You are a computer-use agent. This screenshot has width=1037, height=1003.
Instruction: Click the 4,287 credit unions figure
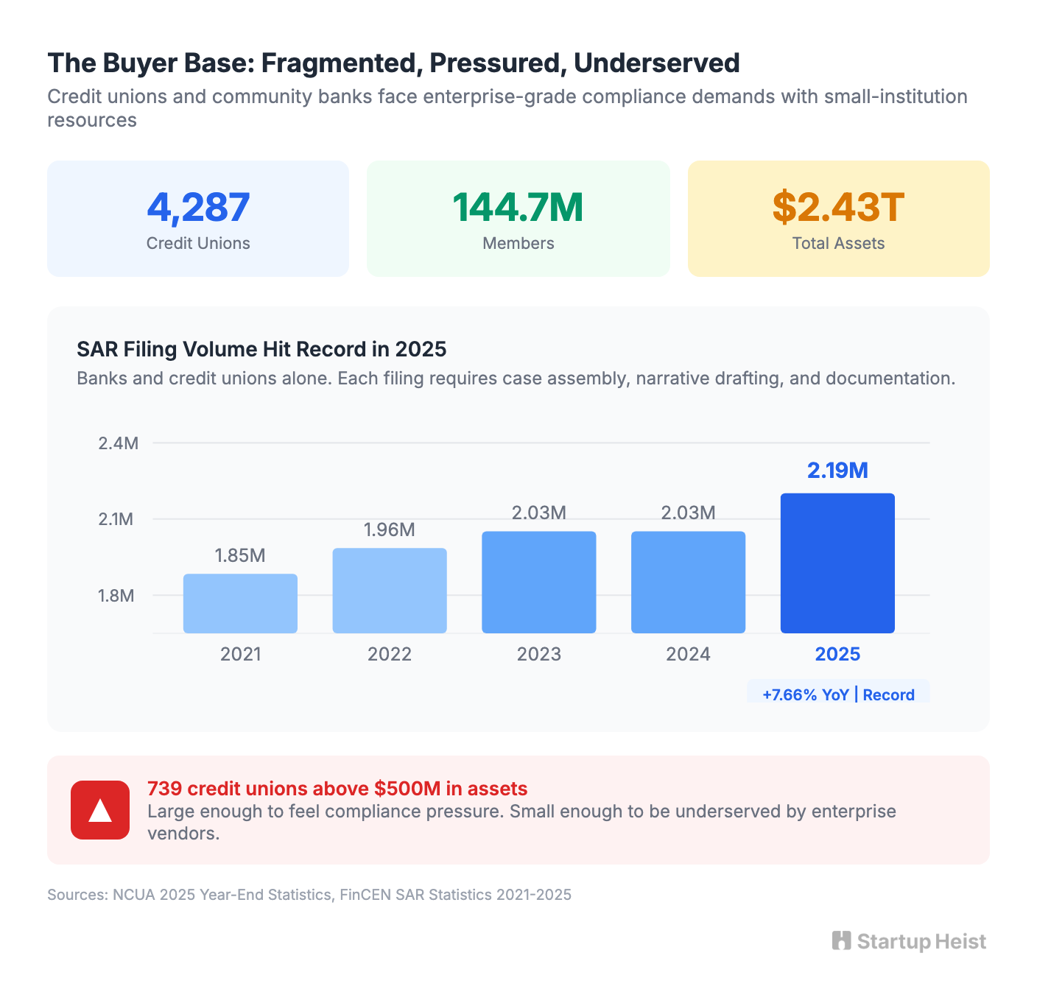point(198,208)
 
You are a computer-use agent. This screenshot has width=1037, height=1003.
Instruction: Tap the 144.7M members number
point(518,208)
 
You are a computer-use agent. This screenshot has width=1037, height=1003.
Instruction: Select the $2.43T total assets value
point(838,208)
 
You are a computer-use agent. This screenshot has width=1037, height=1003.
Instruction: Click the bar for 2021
point(240,603)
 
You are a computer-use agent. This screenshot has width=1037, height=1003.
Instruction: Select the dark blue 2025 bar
point(837,563)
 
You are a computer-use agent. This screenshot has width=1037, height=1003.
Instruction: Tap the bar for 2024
point(688,582)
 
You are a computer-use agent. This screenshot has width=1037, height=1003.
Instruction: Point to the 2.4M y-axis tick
point(118,443)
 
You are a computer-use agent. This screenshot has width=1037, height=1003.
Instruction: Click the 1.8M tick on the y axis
point(116,596)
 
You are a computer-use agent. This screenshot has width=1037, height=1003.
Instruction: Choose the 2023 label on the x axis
point(538,654)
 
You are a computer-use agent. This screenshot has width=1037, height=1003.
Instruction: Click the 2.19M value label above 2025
point(837,471)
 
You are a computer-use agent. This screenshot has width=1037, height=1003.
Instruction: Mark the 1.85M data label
point(240,555)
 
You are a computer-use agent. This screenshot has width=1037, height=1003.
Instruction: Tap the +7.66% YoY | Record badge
point(838,694)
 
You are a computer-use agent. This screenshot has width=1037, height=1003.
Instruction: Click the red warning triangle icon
point(100,810)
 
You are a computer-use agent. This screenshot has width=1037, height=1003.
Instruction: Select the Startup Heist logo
point(909,941)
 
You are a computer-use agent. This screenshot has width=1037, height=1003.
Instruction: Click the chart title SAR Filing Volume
point(261,349)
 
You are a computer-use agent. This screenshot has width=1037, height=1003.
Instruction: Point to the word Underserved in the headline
point(656,63)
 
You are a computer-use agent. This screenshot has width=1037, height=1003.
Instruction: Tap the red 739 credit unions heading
point(337,789)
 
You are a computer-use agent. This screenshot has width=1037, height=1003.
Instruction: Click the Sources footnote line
point(309,895)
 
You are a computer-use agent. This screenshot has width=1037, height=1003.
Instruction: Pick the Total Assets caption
point(838,244)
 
